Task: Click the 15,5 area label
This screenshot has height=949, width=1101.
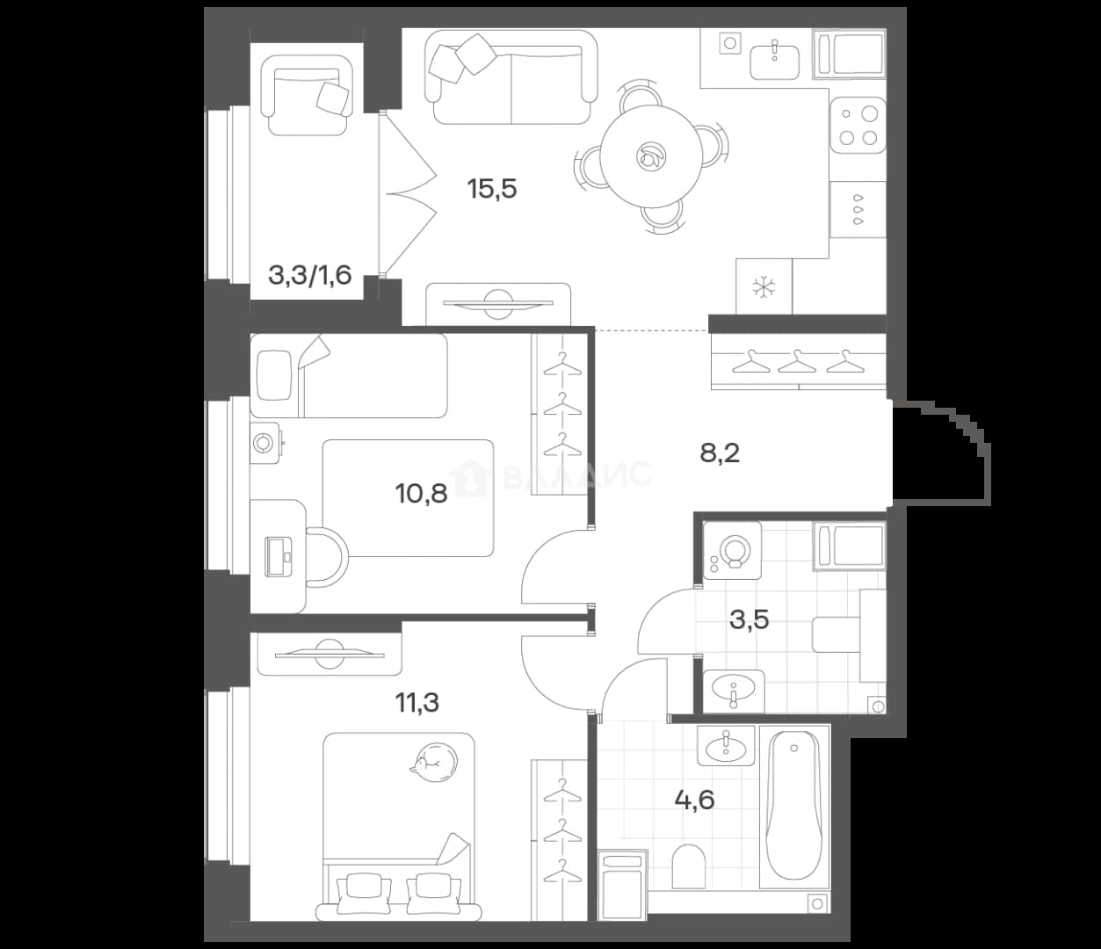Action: point(492,189)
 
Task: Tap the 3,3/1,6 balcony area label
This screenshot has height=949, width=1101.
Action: point(309,275)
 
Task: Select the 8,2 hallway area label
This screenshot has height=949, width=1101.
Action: point(720,453)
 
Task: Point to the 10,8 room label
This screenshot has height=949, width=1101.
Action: point(421,494)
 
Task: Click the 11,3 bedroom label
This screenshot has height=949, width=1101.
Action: point(417,702)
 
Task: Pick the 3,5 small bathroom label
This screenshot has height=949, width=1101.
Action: point(749,619)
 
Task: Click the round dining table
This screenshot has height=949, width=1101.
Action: point(651,156)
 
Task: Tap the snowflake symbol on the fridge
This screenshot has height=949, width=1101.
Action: point(764,287)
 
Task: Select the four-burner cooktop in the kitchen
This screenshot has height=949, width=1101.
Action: point(858,126)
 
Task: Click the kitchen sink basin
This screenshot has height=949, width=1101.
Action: point(774,62)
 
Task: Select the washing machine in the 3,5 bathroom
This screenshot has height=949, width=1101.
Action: point(732,550)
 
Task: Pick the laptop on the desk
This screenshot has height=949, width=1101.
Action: point(278,555)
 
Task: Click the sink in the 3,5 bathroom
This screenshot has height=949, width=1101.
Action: point(734,691)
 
